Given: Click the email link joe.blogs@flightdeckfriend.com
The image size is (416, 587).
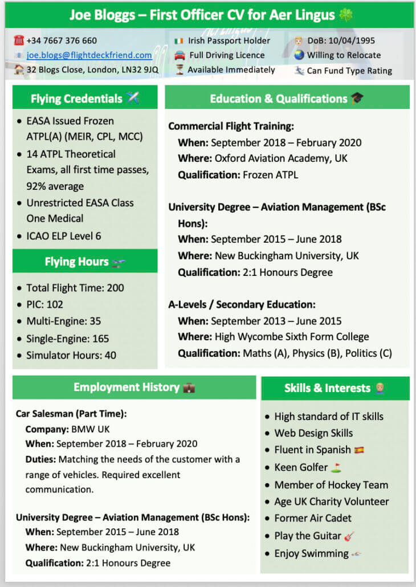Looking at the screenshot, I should click(x=89, y=55).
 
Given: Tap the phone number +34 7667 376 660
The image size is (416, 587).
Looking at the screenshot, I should click(x=62, y=40).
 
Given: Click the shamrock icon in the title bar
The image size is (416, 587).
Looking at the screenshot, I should click(x=345, y=15).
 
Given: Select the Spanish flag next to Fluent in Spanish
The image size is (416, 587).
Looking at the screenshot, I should click(x=359, y=450).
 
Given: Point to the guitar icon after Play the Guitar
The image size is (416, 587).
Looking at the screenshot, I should click(x=349, y=536).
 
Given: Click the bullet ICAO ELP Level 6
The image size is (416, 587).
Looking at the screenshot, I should click(x=64, y=236).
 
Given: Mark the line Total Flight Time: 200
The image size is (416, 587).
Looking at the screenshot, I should click(x=75, y=288).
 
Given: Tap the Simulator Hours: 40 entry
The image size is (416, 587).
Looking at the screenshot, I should click(x=71, y=355).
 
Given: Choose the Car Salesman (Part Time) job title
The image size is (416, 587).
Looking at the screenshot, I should click(x=71, y=414).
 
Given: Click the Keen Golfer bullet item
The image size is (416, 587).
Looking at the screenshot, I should click(x=301, y=467).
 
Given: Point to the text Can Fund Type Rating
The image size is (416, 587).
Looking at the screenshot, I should click(x=349, y=71).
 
